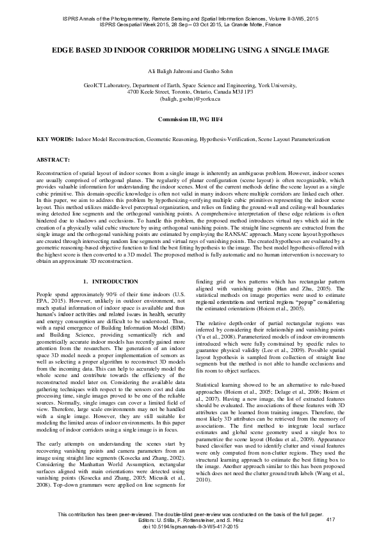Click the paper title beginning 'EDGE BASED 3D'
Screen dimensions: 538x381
(190, 49)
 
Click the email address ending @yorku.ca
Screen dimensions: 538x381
(190, 99)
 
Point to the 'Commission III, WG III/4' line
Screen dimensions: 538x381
(190, 120)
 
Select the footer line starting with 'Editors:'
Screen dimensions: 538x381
(190, 519)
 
